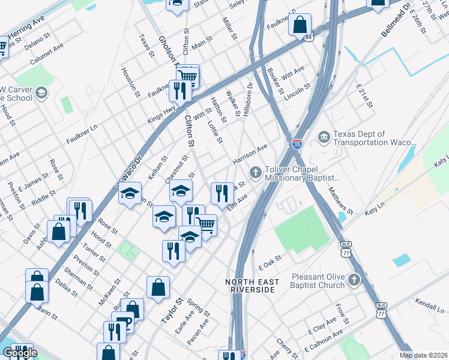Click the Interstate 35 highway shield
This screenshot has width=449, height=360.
point(297,144)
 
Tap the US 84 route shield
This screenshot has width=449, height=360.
point(308,37)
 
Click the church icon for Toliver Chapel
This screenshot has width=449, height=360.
point(255,173)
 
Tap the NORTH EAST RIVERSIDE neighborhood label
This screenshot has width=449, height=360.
point(251,286)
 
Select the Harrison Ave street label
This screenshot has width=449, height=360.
point(249,155)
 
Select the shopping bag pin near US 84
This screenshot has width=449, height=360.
point(300,26)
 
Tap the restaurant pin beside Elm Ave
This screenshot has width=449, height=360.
point(222,194)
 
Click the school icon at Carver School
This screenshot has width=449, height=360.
point(41,92)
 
